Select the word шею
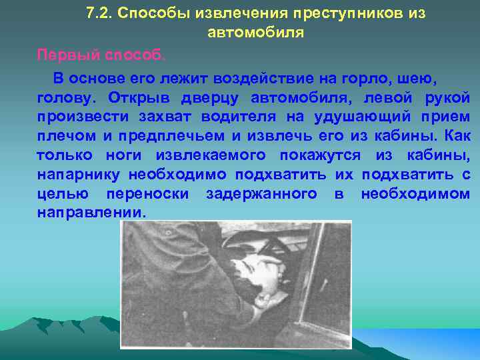[x=417, y=79]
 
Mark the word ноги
[x=125, y=155]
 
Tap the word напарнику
[x=75, y=175]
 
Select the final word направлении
[x=90, y=213]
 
